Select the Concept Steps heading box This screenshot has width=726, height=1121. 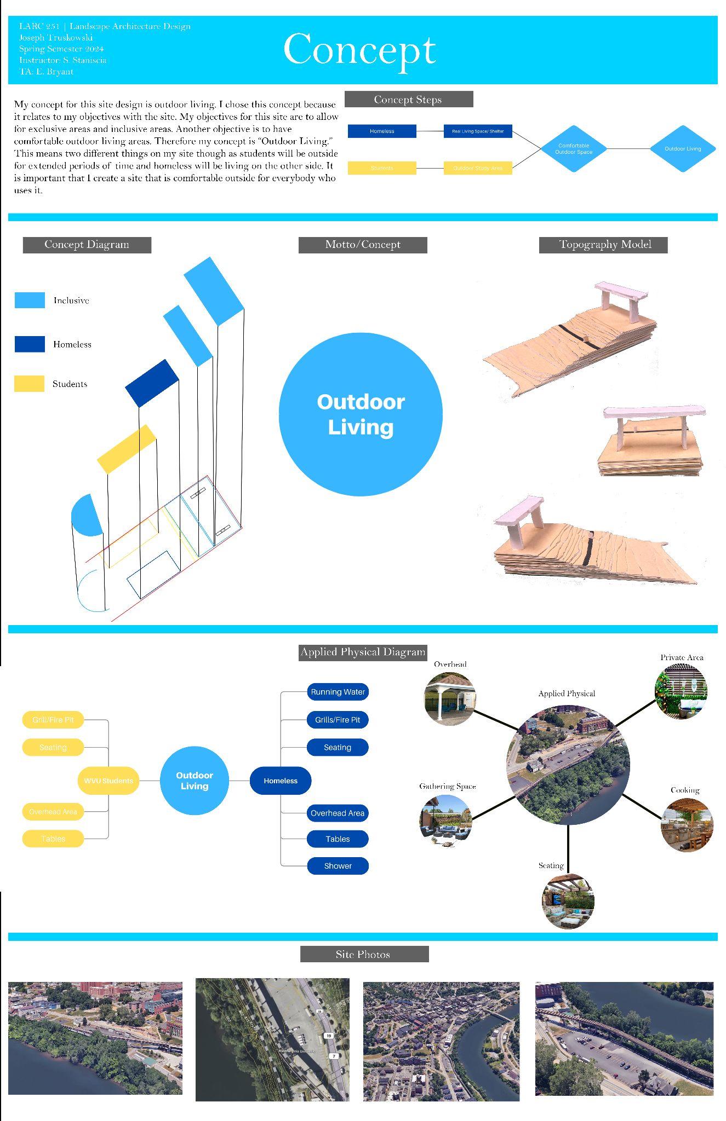[x=408, y=99]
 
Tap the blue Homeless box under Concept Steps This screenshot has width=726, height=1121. [x=382, y=131]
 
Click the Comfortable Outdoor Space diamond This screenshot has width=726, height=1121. [x=573, y=149]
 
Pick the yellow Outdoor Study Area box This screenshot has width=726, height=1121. [x=477, y=168]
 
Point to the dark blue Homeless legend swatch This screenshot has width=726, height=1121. [x=30, y=344]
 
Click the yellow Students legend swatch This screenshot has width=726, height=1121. [x=29, y=384]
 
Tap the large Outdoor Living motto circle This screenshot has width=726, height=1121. [x=360, y=414]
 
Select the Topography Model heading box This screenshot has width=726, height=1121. [x=603, y=245]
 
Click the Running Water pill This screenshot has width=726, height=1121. [x=338, y=692]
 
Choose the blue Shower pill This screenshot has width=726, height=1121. [x=338, y=866]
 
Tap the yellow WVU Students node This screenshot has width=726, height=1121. [x=108, y=781]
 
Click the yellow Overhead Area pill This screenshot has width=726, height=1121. [x=53, y=812]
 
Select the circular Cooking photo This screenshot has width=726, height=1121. [x=687, y=825]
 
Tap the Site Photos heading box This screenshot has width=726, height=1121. [x=364, y=954]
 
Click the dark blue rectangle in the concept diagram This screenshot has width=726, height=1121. [x=152, y=383]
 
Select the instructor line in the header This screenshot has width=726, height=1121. [x=63, y=60]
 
